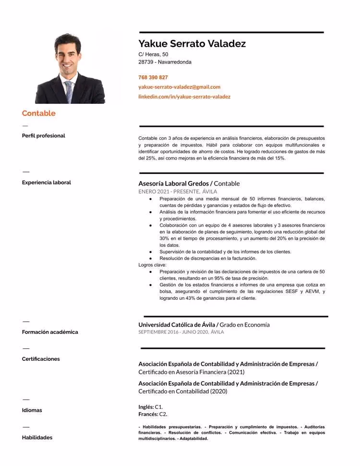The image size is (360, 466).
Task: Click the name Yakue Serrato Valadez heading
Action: point(192,44)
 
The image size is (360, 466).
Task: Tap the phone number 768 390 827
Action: point(153,77)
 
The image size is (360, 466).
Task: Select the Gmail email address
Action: point(179,87)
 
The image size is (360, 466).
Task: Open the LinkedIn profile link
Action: point(184,97)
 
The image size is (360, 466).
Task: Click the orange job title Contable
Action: point(39,113)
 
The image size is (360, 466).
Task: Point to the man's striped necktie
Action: point(69,91)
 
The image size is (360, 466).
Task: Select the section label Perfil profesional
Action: point(43,135)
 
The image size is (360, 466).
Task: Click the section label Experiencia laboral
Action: point(46,183)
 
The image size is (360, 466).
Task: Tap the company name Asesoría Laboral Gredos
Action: point(173,184)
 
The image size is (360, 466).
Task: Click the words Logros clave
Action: point(152,265)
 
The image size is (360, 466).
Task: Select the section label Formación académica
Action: point(50,332)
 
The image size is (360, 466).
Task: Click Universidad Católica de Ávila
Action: point(176,325)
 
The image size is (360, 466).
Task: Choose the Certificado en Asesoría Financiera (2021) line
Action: point(191,372)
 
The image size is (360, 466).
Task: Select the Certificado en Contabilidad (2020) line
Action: point(182,391)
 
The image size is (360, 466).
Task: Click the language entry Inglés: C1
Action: point(150,407)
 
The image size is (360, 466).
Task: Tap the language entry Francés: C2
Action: point(153,414)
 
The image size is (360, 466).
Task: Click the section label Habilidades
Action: point(37,437)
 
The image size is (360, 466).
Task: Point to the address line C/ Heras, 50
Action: point(153,54)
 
